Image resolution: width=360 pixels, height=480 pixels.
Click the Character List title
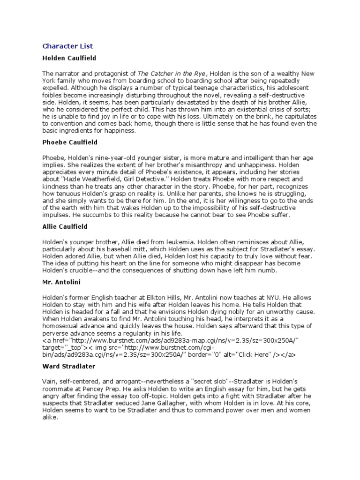67,46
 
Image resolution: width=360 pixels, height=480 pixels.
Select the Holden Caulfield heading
69,59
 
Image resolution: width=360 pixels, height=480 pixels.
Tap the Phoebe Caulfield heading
69,142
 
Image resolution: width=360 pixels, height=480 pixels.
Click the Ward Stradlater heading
68,367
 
